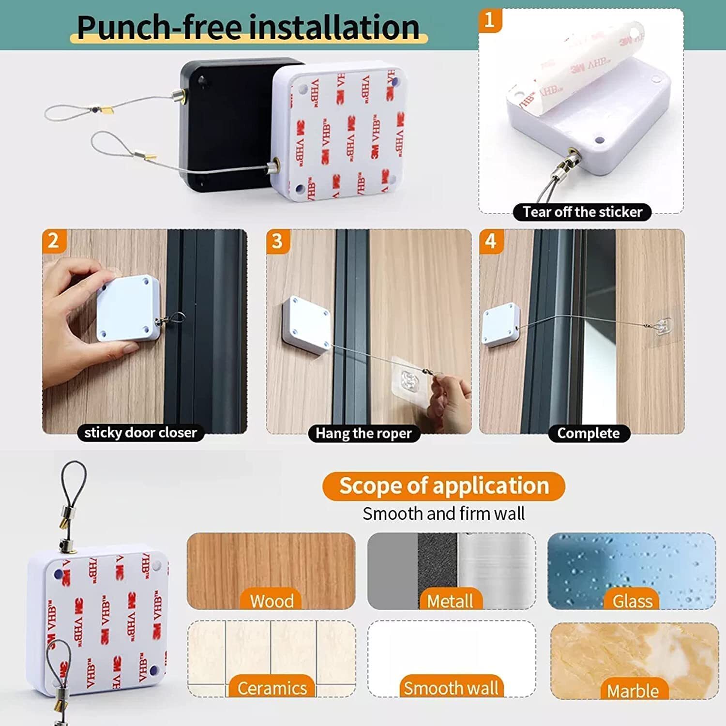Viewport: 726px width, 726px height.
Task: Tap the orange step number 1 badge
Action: [x=490, y=20]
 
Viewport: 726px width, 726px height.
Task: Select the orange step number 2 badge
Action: [x=53, y=241]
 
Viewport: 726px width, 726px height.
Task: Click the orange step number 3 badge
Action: [x=277, y=241]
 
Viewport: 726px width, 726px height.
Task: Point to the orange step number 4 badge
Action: [x=491, y=241]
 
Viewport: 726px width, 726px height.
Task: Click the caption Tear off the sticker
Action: [x=582, y=212]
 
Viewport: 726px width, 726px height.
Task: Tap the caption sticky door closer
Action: [x=140, y=432]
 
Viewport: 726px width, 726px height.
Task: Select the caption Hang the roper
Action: [x=363, y=433]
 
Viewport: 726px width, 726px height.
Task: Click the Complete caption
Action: [x=588, y=433]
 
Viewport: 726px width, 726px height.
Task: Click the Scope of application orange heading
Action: [x=443, y=486]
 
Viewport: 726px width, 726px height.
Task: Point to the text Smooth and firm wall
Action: [x=443, y=514]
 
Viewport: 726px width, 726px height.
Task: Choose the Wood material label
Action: [x=272, y=601]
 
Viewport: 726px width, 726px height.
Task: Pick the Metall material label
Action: [x=450, y=601]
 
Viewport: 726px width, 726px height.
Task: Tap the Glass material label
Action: [x=632, y=601]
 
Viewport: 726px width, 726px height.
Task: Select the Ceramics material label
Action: [x=272, y=688]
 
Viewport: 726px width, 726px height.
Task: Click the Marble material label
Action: [x=633, y=691]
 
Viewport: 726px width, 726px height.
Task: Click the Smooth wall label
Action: [x=451, y=688]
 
